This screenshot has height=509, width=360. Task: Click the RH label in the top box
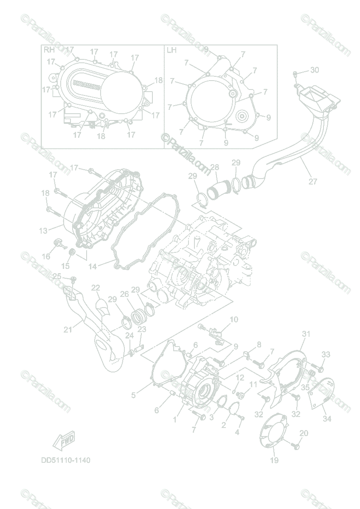(49, 50)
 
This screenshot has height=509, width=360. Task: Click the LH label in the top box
(172, 50)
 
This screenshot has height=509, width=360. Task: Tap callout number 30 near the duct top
(314, 70)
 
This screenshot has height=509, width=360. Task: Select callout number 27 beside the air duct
(313, 182)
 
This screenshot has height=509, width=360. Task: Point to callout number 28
(214, 168)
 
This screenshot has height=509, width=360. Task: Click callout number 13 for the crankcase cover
(44, 231)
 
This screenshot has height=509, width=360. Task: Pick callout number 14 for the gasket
(93, 266)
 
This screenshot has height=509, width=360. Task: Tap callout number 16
(46, 256)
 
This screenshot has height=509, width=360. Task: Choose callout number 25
(57, 277)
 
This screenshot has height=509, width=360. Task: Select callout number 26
(124, 294)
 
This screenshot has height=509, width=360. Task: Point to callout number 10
(234, 319)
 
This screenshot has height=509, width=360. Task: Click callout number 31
(306, 334)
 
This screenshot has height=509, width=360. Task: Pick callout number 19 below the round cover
(274, 460)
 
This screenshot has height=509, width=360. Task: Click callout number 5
(133, 395)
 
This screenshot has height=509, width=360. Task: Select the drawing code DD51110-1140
(66, 460)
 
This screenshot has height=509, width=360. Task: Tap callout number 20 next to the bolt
(304, 433)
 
